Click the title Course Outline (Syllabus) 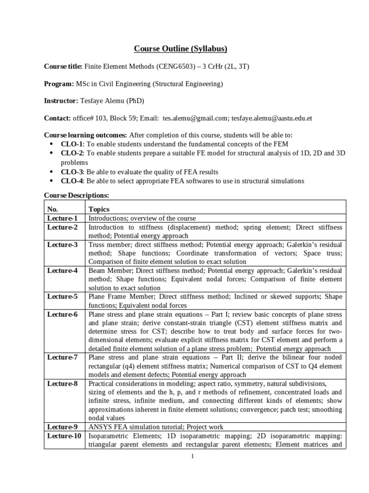[x=180, y=49]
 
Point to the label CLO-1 [x=71, y=144]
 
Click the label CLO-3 [x=71, y=172]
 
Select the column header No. [x=52, y=209]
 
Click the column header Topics [x=99, y=209]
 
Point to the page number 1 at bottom [x=192, y=457]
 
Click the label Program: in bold [x=59, y=83]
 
